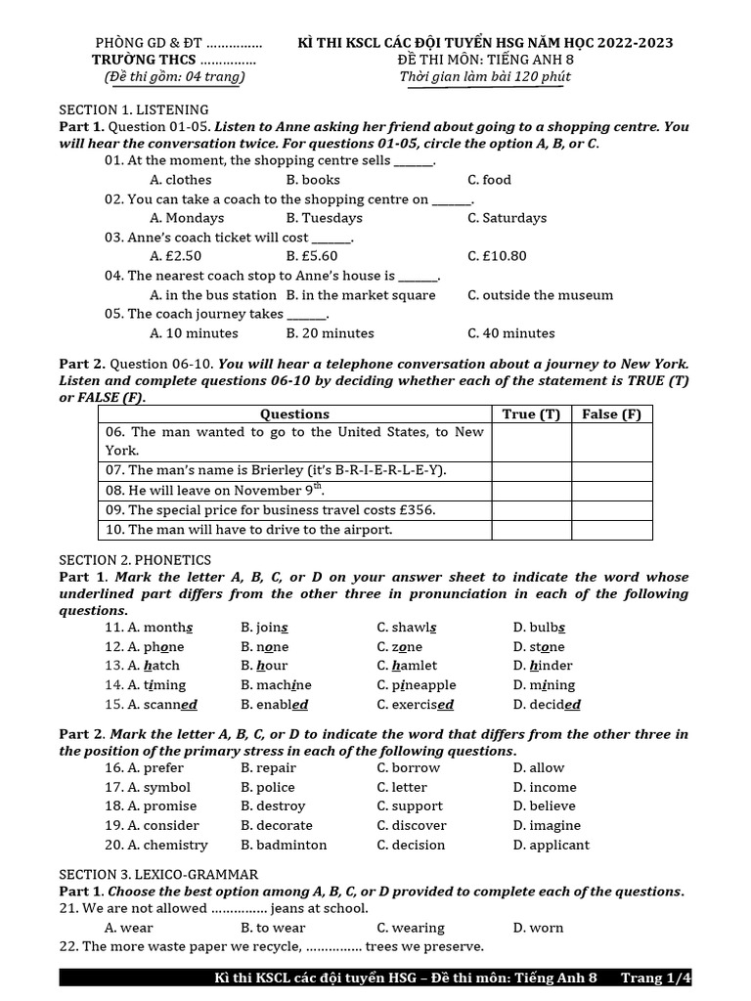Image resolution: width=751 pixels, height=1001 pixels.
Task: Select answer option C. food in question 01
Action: pos(489,180)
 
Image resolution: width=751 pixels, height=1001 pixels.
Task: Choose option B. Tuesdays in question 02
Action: pos(324,218)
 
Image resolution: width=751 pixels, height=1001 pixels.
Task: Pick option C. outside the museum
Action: pos(540,294)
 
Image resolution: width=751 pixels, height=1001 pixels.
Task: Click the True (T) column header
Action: pos(531,414)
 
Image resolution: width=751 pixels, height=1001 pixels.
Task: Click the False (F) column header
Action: pos(611,414)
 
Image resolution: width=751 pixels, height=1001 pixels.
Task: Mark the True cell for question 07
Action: pos(531,471)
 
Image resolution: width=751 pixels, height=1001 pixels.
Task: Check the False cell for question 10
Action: pos(611,530)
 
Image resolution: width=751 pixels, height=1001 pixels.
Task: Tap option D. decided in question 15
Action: pos(546,705)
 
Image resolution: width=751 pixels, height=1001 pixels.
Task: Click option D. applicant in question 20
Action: pos(551,845)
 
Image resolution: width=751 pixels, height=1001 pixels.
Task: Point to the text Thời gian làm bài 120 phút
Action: pos(485,77)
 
